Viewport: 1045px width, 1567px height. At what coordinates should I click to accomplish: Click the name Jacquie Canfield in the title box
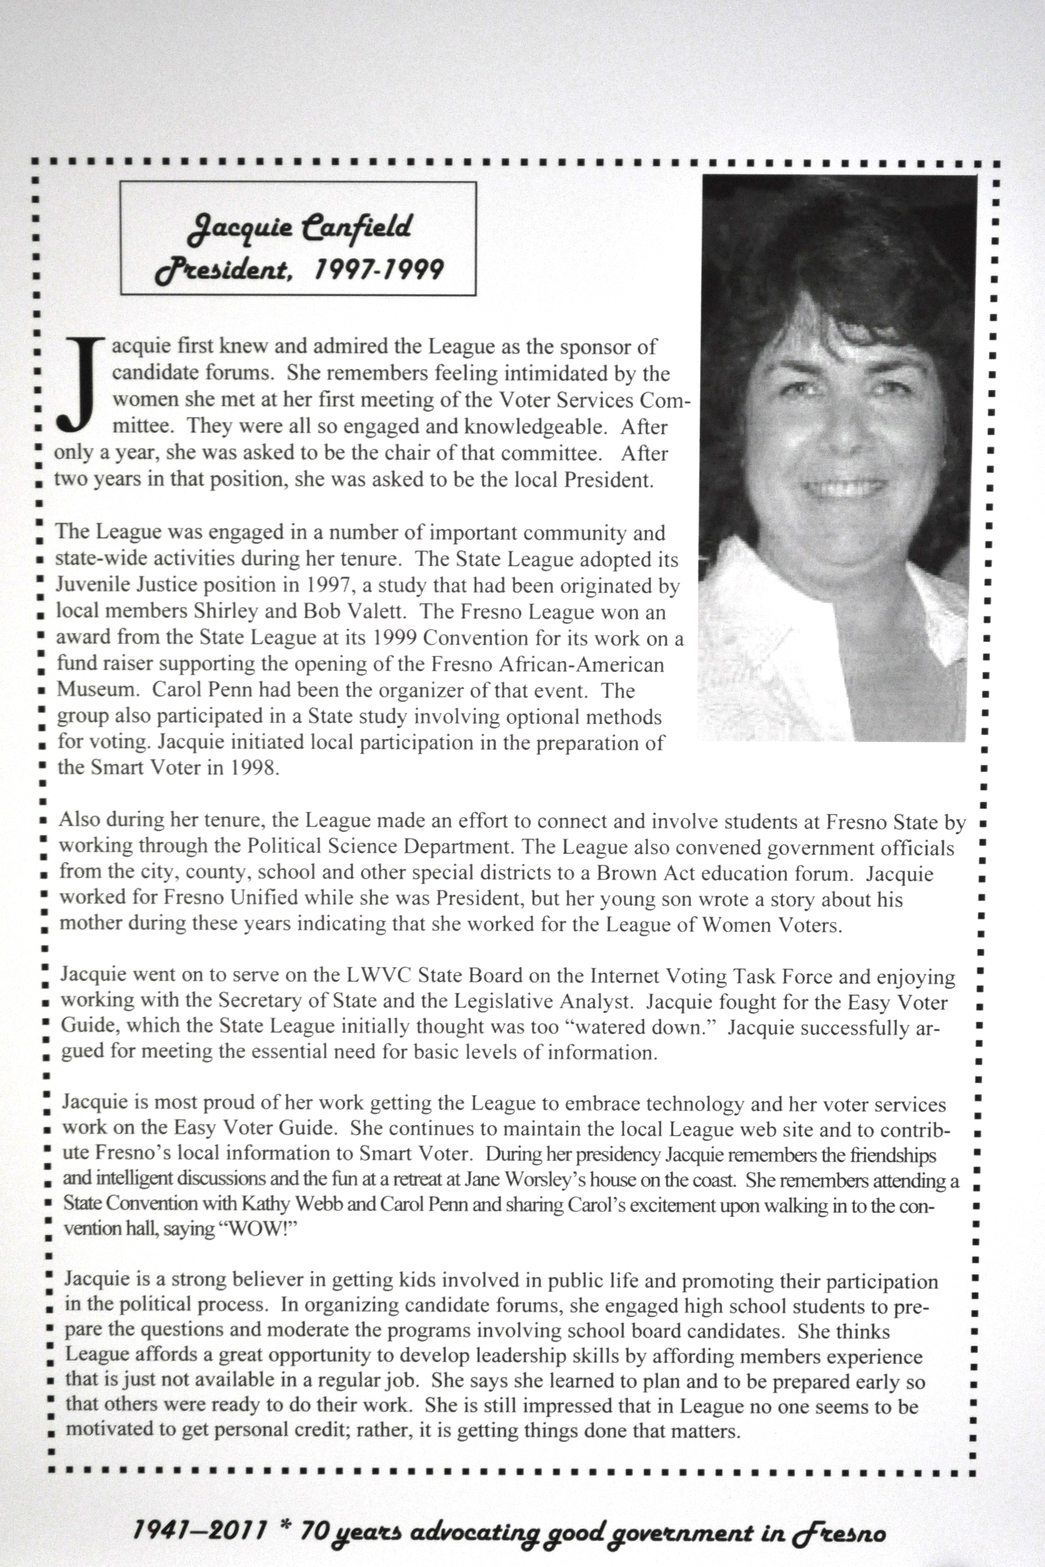tap(299, 228)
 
